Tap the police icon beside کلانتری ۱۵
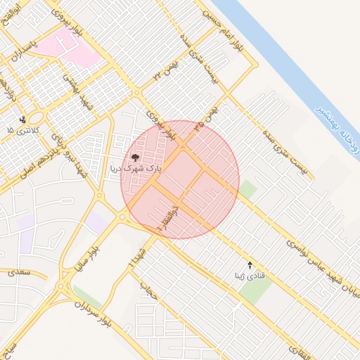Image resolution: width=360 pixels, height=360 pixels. [x=23, y=120]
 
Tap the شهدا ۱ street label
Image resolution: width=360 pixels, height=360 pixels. [x=136, y=258]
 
